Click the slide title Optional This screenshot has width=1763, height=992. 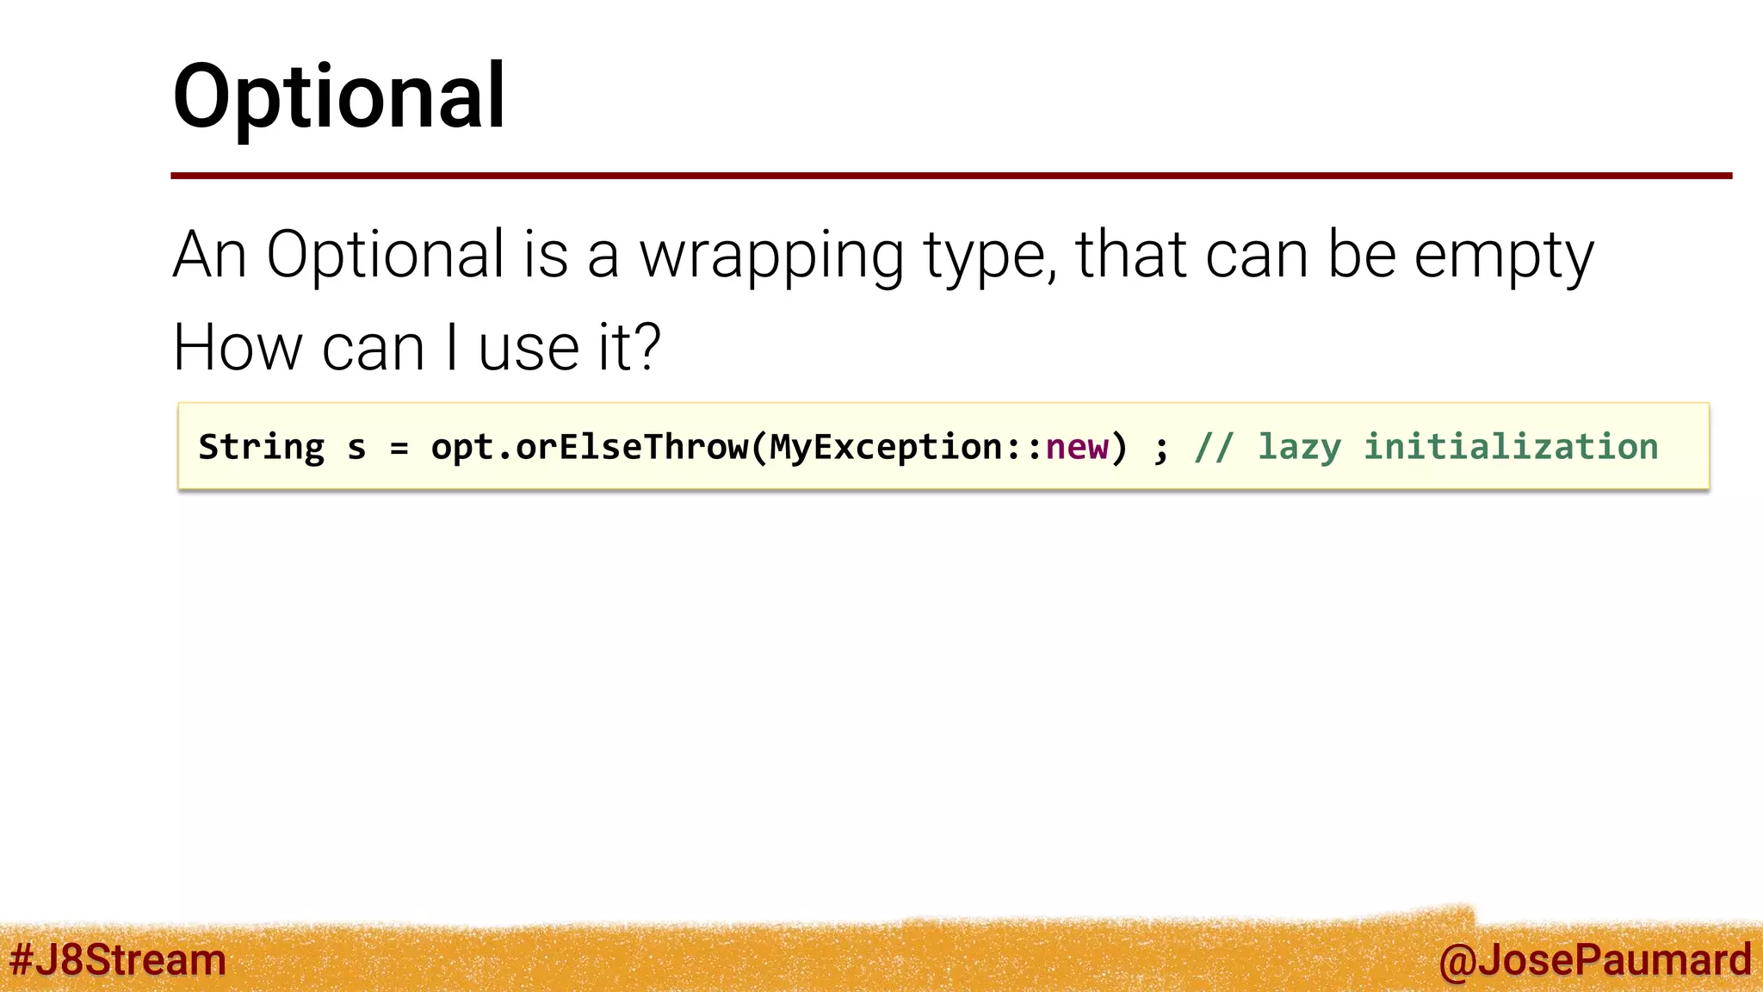click(x=339, y=96)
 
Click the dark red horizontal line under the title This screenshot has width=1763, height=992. click(x=950, y=176)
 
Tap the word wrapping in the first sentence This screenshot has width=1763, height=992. click(x=771, y=255)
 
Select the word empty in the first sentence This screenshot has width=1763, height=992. click(x=1504, y=255)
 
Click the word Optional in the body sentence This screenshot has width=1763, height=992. click(x=385, y=255)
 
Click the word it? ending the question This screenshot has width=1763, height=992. click(x=628, y=348)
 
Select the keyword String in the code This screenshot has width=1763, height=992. click(x=262, y=448)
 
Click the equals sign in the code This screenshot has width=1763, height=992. click(x=399, y=448)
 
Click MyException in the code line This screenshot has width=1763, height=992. click(x=885, y=448)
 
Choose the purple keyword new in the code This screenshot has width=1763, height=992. click(x=1076, y=448)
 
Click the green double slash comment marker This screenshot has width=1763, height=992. click(x=1214, y=448)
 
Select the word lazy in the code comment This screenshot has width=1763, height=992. click(x=1299, y=448)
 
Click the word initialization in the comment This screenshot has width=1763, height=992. click(x=1511, y=448)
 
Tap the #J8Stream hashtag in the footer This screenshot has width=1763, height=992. click(x=118, y=959)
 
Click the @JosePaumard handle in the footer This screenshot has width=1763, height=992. click(x=1594, y=960)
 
